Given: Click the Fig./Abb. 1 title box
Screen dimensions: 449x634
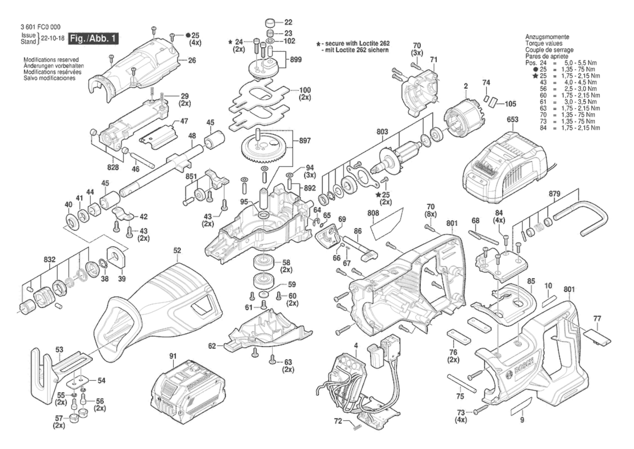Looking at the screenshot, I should click(x=93, y=39).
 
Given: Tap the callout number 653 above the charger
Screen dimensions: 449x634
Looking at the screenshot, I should click(x=512, y=120).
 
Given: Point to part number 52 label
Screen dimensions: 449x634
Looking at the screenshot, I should click(x=177, y=250).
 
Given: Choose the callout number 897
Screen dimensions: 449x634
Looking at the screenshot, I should click(x=305, y=141).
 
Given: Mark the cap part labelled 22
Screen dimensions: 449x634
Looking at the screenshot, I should click(x=271, y=23).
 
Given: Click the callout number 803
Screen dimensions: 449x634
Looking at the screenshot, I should click(x=382, y=132).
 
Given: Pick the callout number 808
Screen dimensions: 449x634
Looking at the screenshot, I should click(x=373, y=213).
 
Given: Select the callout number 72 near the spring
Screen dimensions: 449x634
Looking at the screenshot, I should click(x=338, y=421).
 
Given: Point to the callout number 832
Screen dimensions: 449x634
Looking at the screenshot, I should click(x=49, y=260).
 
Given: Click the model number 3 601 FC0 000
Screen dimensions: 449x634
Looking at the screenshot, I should click(x=40, y=27).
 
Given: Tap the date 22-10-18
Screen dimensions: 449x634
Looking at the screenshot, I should click(x=52, y=38).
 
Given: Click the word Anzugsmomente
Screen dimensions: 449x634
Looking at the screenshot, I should click(x=547, y=37).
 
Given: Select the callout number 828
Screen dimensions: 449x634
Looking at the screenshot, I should click(x=113, y=167).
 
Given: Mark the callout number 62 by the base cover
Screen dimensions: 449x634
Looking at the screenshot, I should click(x=212, y=346).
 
